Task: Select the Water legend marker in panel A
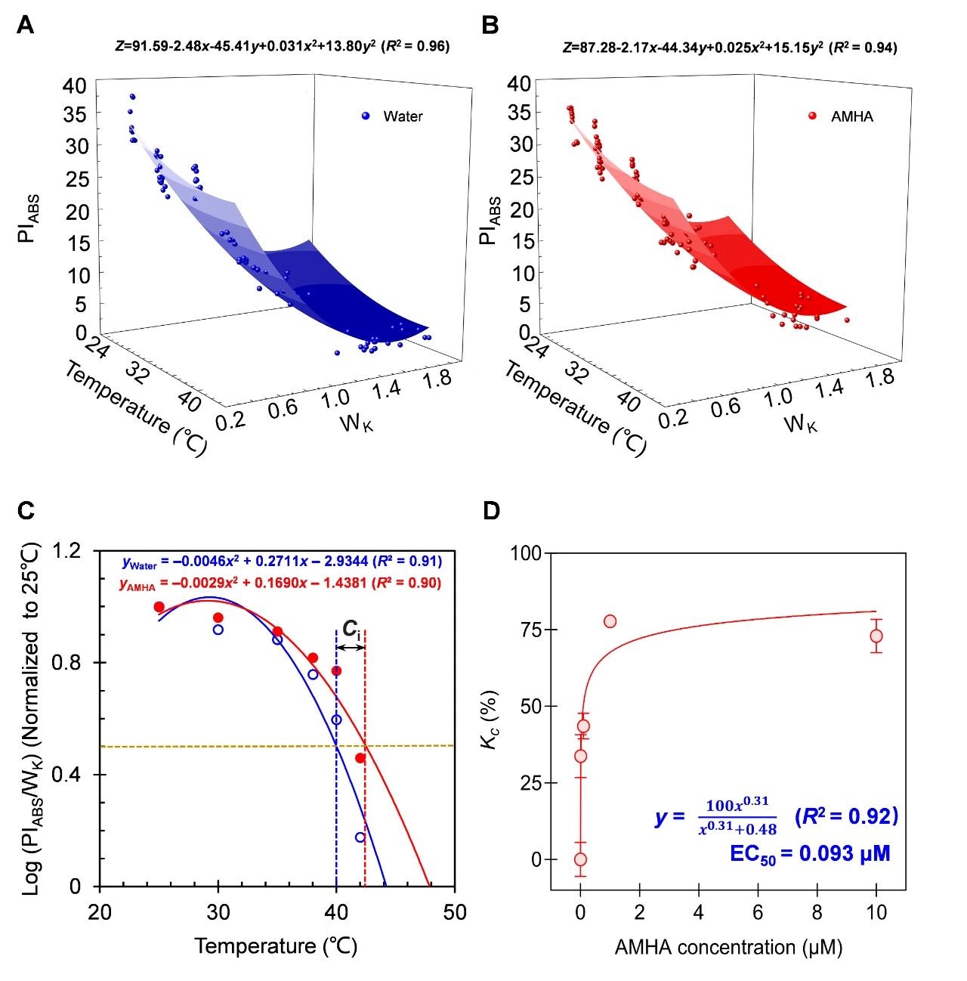[x=366, y=116]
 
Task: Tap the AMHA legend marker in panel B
[x=813, y=116]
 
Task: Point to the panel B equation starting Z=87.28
[x=730, y=47]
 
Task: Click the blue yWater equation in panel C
[x=281, y=562]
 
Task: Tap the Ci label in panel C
[x=351, y=629]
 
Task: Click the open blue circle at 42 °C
[x=360, y=837]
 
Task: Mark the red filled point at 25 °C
[x=159, y=607]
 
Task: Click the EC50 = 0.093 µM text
[x=810, y=854]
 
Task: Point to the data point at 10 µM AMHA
[x=876, y=636]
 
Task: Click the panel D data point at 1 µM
[x=610, y=621]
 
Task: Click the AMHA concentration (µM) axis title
[x=728, y=946]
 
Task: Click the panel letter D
[x=491, y=512]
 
